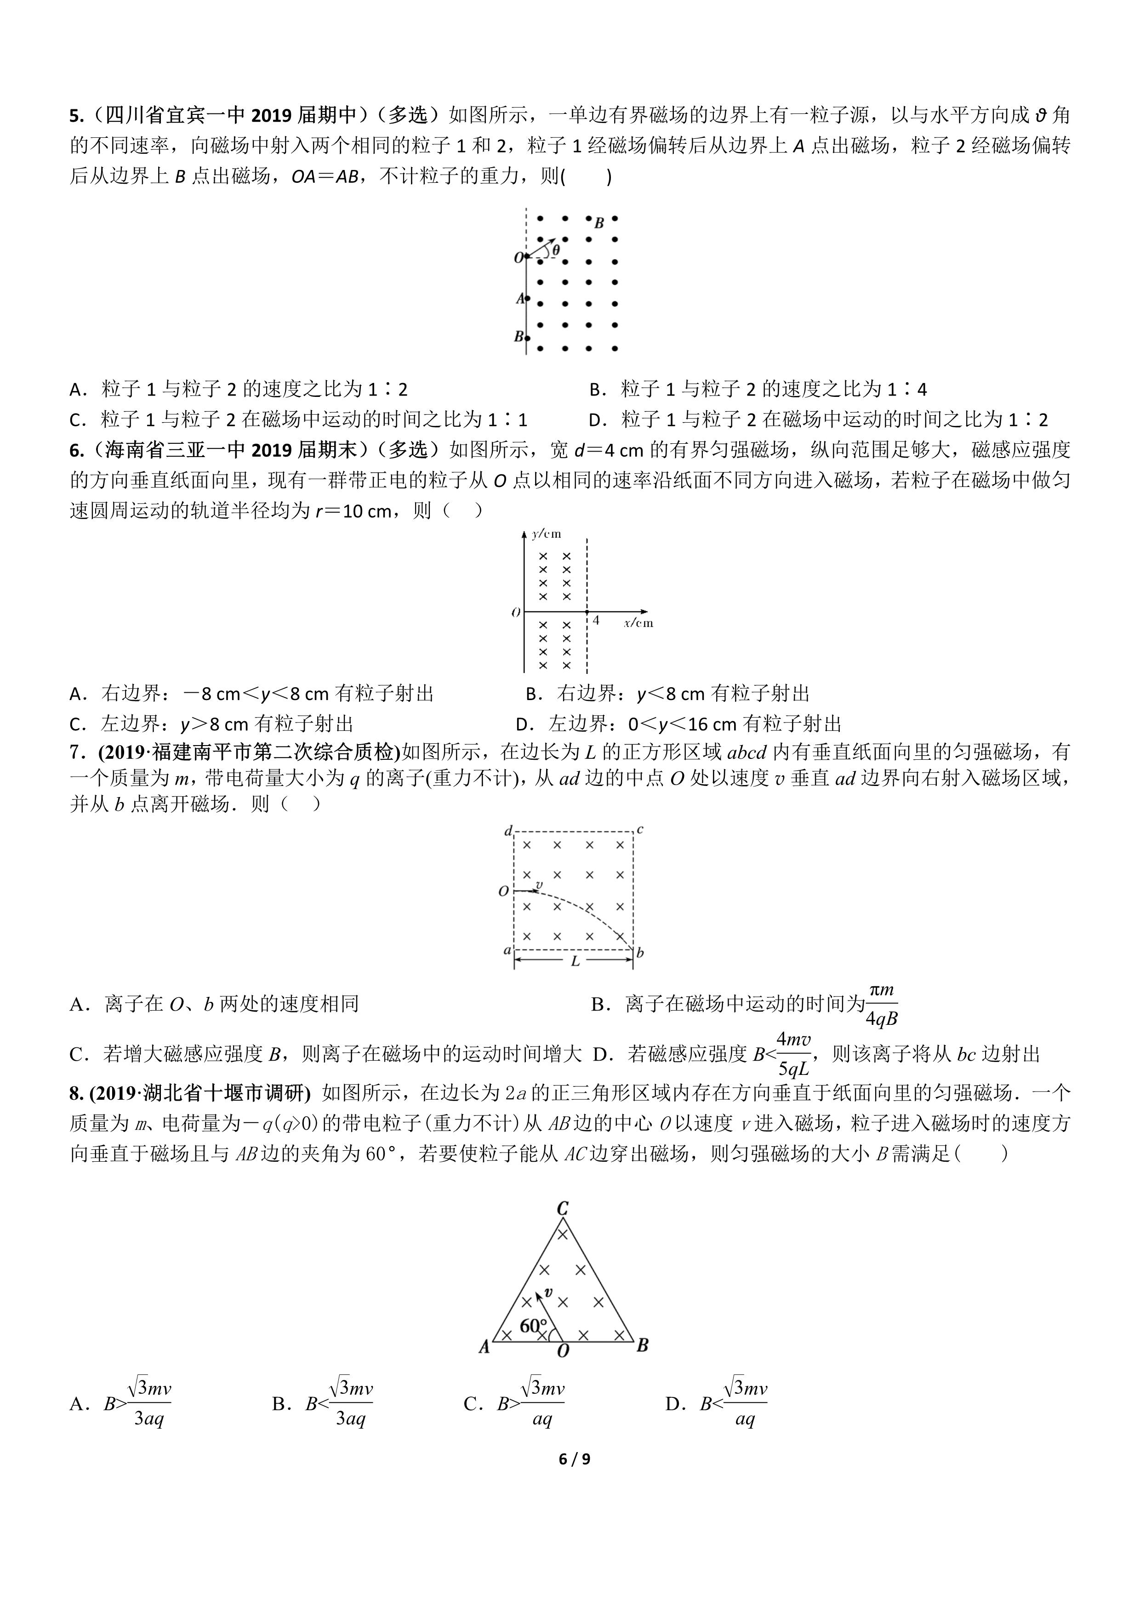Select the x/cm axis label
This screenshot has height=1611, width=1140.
638,622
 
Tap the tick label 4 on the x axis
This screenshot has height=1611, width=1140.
596,620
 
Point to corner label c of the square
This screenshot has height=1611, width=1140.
639,830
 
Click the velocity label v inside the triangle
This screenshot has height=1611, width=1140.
548,1292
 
